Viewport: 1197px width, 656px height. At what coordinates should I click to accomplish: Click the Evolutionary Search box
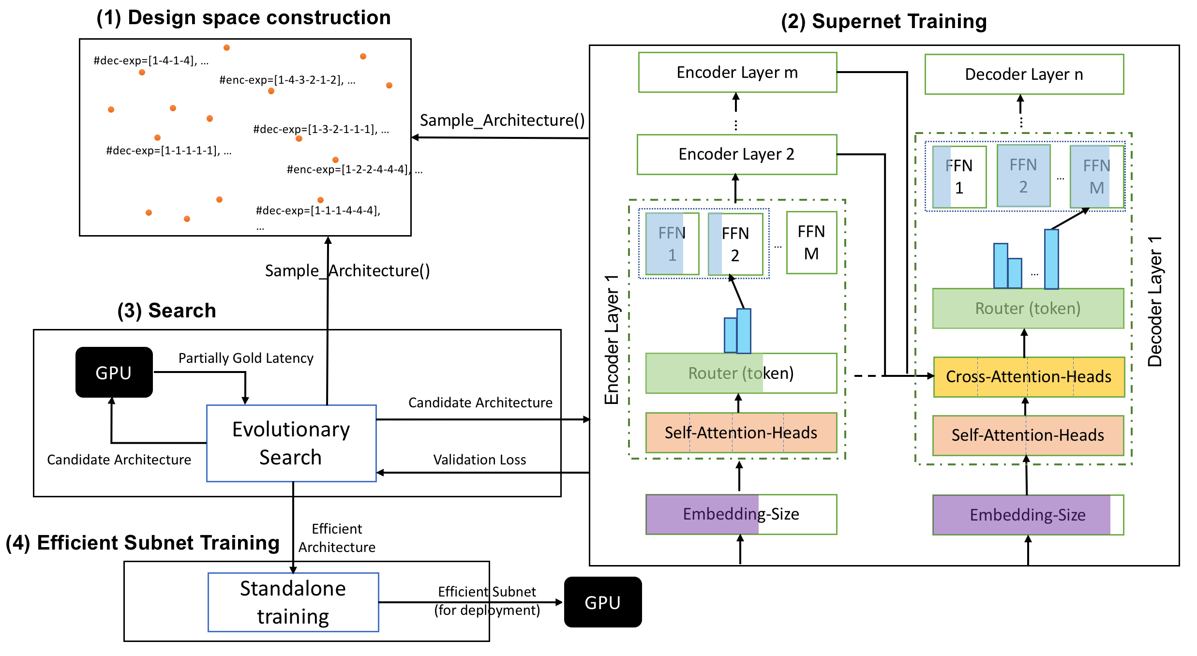[291, 443]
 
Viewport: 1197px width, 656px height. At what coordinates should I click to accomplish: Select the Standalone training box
[293, 602]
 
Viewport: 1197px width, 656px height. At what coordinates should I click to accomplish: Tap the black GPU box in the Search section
[114, 373]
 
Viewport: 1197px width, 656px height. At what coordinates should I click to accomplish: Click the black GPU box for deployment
[603, 602]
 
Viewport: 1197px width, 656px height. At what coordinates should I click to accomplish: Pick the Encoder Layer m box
[737, 73]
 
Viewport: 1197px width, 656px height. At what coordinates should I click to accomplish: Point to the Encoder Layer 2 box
[736, 154]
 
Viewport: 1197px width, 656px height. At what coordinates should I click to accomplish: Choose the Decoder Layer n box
[1024, 75]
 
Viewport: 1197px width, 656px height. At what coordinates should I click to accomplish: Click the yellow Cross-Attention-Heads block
[1029, 377]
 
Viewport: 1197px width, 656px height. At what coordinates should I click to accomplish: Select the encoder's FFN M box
[811, 243]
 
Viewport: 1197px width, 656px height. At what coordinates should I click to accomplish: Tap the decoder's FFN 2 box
[1023, 176]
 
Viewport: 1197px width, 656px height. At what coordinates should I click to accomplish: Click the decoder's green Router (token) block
[1028, 309]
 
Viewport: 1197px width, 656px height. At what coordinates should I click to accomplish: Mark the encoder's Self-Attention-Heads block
[741, 433]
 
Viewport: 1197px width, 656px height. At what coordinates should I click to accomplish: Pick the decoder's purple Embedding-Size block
[1028, 515]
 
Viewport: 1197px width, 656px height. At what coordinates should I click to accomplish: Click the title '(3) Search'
[166, 311]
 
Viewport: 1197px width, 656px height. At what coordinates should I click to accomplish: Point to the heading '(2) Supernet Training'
[883, 22]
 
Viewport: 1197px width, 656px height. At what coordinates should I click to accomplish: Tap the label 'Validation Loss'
[479, 460]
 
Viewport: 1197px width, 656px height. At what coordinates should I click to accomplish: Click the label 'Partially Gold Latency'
[246, 358]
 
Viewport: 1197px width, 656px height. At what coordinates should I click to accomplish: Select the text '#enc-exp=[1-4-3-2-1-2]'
[282, 80]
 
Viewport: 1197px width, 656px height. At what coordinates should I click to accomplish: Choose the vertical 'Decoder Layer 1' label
[1155, 301]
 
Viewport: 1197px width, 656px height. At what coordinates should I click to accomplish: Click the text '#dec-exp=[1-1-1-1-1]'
[163, 151]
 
